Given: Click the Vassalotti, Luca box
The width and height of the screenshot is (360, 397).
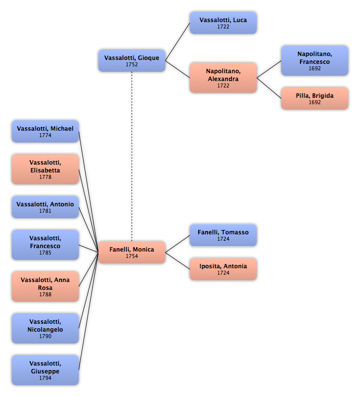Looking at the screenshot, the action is tap(223, 23).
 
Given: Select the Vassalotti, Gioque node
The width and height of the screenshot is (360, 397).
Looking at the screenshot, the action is tap(132, 60).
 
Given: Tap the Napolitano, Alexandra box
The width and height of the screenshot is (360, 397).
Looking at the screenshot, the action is tap(223, 78).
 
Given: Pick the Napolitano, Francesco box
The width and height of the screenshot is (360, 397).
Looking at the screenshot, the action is tap(315, 60).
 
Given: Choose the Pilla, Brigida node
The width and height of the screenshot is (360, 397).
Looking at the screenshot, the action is tap(315, 98).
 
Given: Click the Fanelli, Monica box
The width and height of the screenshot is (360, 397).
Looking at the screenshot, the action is tap(132, 253).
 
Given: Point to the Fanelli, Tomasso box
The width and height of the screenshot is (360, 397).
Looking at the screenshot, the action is tap(223, 235).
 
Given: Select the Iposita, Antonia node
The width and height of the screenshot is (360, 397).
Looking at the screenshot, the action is tap(223, 269).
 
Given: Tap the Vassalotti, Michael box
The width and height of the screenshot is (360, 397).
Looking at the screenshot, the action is tap(45, 131).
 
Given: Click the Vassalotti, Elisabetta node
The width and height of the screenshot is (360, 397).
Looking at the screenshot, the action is tap(45, 169).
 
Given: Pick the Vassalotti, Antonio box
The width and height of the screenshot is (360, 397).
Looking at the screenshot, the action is tap(45, 207).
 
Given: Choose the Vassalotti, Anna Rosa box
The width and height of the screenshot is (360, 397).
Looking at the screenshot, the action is tap(45, 286).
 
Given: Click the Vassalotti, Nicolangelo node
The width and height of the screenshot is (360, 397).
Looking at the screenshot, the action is tap(45, 328).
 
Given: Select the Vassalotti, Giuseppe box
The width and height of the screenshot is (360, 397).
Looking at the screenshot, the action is tap(45, 370).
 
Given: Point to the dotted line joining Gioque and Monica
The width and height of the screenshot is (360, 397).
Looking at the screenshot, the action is tap(132, 156).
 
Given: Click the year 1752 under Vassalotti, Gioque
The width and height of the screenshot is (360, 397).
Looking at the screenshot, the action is tap(132, 64).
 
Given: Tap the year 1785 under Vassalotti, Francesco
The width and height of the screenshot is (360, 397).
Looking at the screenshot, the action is tap(45, 253).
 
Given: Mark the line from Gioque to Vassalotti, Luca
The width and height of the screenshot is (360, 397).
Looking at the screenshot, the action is tap(178, 42).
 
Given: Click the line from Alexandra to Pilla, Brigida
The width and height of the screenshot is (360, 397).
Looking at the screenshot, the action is tap(269, 88).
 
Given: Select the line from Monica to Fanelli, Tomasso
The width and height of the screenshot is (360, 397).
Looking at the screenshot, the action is tap(178, 244).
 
